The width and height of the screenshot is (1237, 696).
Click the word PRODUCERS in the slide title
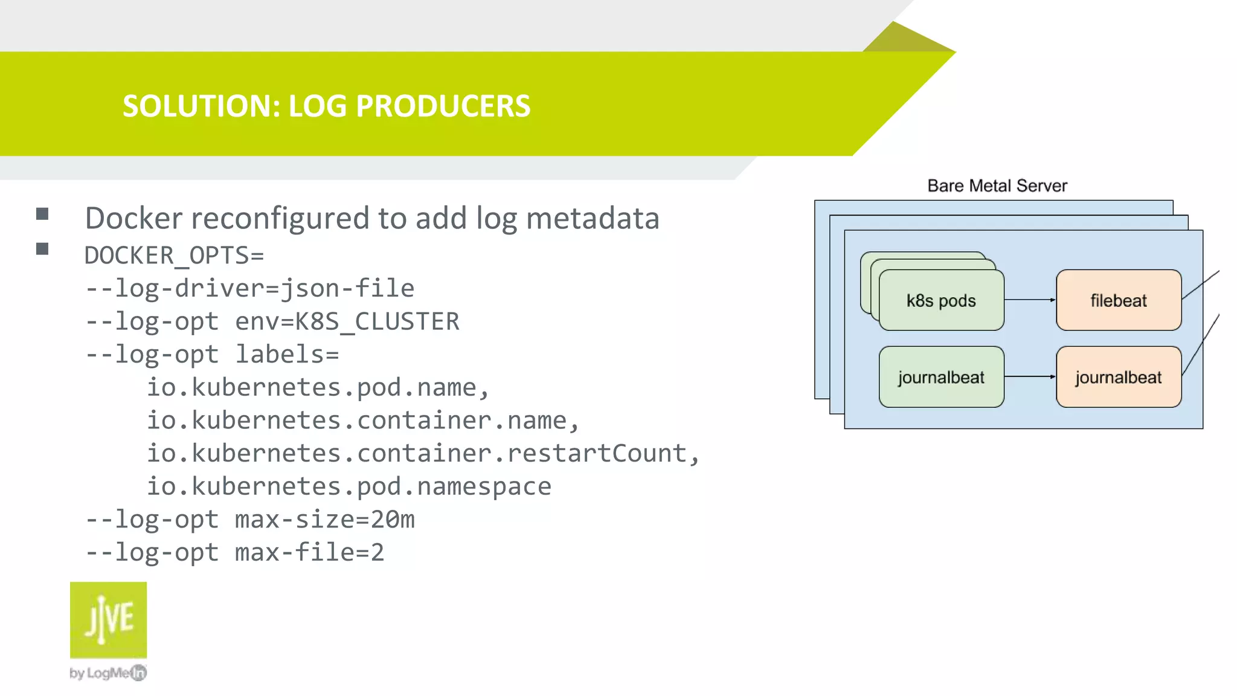point(443,106)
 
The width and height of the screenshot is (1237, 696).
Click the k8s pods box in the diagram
point(941,300)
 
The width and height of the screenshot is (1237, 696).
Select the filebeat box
point(1118,300)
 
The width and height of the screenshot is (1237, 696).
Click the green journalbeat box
point(941,377)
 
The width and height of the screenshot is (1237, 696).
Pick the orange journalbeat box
point(1118,377)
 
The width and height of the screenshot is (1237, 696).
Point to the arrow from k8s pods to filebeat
point(1030,300)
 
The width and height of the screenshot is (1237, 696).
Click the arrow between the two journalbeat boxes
point(1030,376)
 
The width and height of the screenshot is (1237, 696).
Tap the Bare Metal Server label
point(997,185)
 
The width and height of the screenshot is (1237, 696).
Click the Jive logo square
point(108,620)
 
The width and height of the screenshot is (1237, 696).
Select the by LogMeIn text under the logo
point(108,672)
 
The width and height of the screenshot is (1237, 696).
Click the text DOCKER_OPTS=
point(174,256)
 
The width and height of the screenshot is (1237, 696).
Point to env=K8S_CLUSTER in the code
point(347,321)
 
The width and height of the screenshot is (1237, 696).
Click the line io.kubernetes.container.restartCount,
point(423,453)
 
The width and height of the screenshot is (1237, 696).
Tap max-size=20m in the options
point(324,520)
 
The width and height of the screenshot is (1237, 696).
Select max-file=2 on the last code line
point(309,552)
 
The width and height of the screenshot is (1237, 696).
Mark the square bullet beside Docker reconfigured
point(42,214)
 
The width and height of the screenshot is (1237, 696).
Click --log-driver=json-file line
point(249,288)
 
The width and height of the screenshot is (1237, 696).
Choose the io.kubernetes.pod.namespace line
point(349,486)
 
